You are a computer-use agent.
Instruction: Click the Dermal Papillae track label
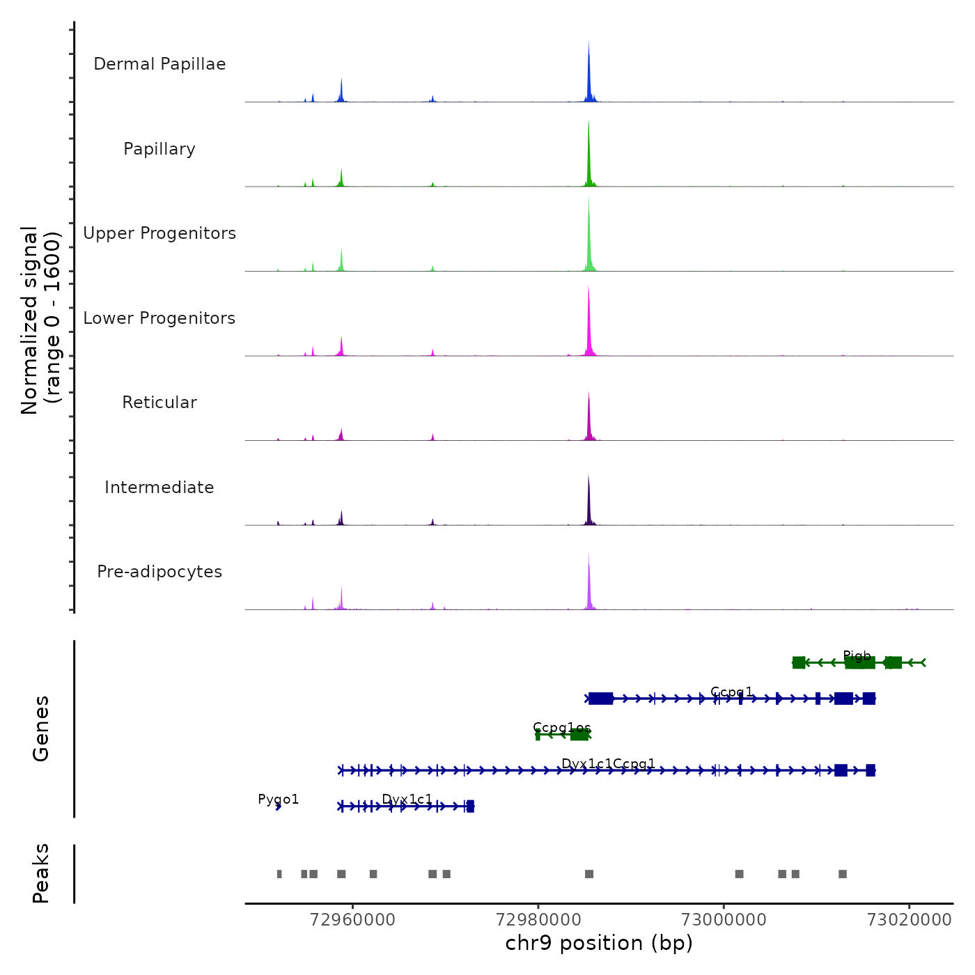click(159, 64)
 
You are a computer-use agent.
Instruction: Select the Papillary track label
click(159, 149)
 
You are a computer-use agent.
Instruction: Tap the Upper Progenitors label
click(159, 233)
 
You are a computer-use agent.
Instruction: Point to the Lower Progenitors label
click(159, 318)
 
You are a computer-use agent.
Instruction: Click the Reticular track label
click(159, 403)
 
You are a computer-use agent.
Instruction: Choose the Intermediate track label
click(159, 487)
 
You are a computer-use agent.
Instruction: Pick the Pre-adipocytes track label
click(159, 572)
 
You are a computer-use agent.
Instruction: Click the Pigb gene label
click(857, 656)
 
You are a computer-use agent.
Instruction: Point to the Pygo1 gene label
click(279, 799)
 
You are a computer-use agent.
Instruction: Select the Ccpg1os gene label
click(561, 728)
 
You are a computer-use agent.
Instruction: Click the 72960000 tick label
click(353, 919)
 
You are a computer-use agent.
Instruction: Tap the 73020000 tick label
click(909, 919)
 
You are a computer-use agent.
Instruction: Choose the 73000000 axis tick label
click(724, 919)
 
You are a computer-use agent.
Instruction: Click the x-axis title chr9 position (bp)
click(599, 943)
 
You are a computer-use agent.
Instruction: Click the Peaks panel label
click(41, 873)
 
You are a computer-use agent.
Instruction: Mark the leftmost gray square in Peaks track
click(279, 874)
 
